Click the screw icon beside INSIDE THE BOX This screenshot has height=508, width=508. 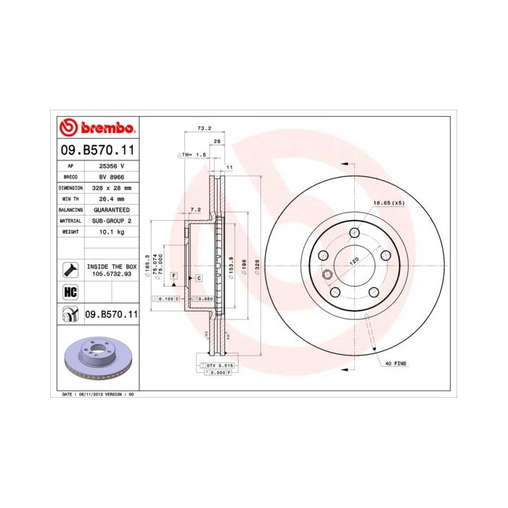[70, 271]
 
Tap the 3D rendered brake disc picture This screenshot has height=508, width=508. [97, 359]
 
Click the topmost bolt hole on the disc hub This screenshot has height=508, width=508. [354, 232]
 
